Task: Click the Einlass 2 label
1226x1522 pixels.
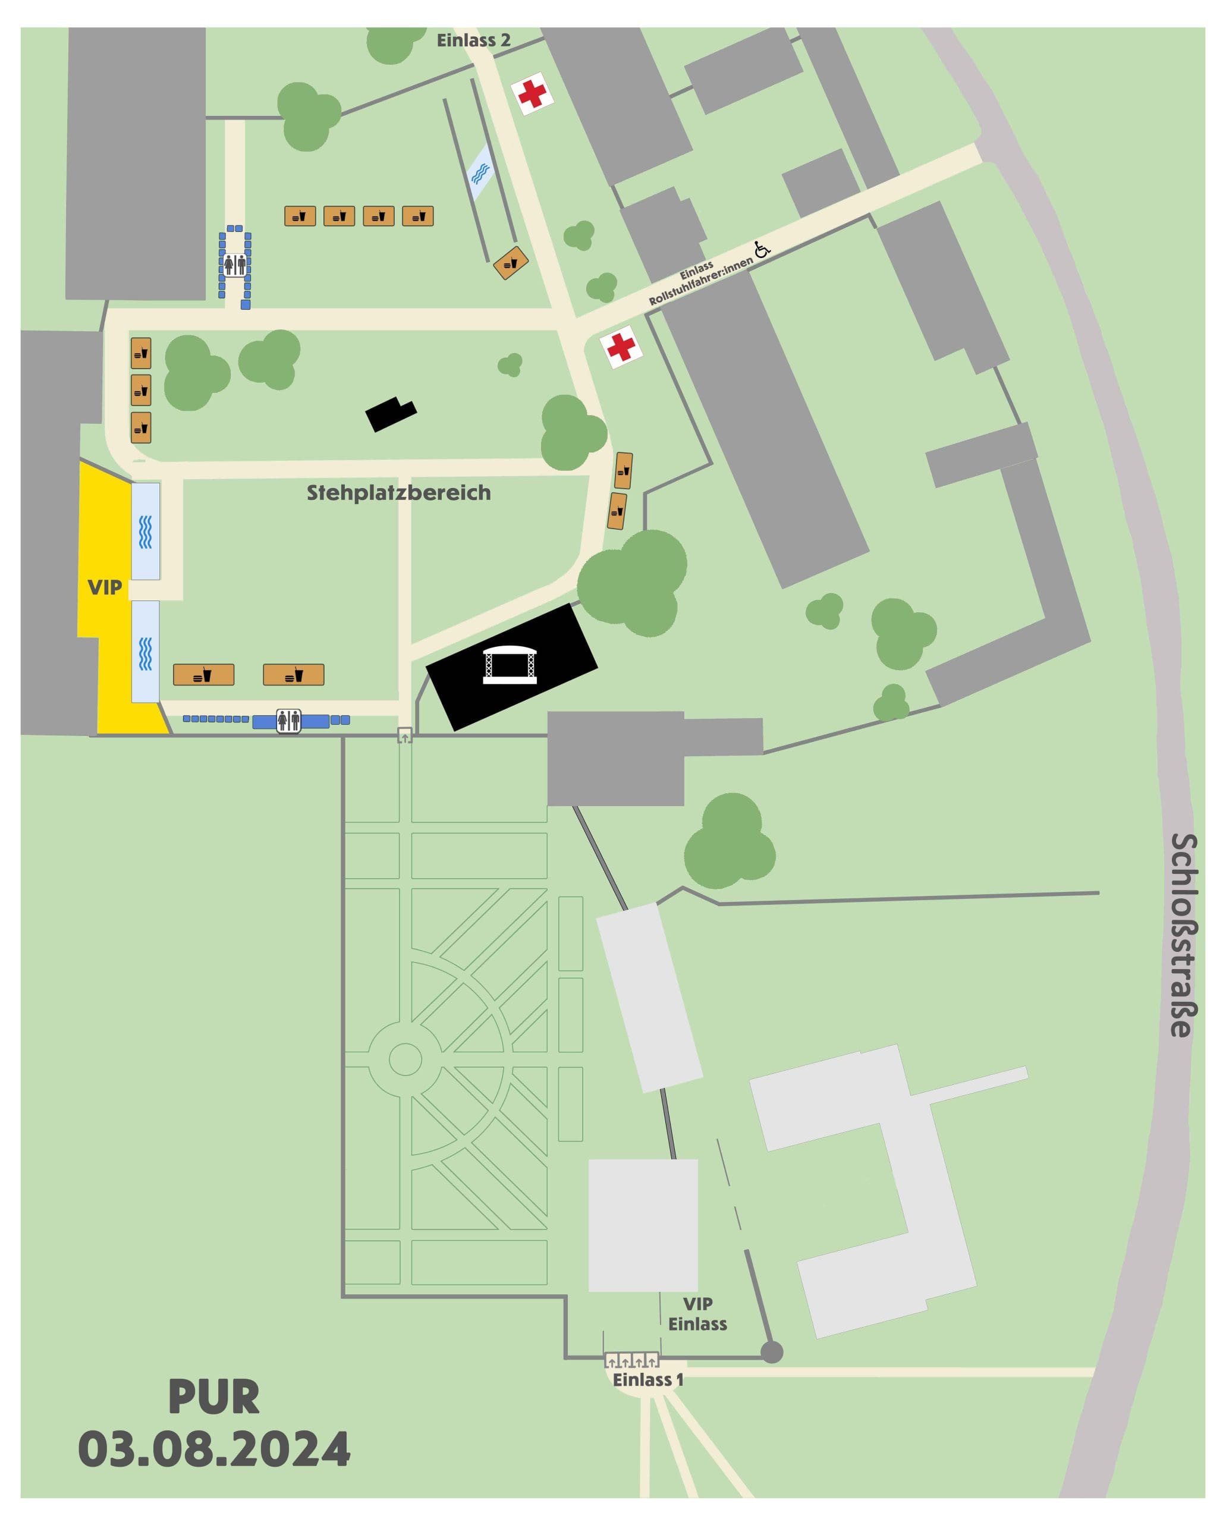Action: (x=473, y=40)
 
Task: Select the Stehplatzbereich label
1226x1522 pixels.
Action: (x=398, y=492)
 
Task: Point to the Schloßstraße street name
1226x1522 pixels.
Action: (x=1183, y=935)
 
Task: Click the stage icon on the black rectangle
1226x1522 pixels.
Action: (x=510, y=665)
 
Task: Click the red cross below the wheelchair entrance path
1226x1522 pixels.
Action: (x=621, y=347)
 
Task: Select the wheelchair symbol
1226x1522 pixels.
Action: (x=762, y=249)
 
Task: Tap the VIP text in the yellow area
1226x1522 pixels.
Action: (x=105, y=587)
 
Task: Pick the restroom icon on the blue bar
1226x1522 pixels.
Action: (x=289, y=721)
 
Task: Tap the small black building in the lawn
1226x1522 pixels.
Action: (x=391, y=414)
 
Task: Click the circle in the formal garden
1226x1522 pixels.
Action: (x=405, y=1059)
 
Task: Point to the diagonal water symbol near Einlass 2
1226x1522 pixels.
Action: (x=481, y=172)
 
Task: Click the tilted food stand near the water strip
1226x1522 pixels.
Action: (x=511, y=263)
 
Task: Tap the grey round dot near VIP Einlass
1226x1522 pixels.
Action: (x=772, y=1353)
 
